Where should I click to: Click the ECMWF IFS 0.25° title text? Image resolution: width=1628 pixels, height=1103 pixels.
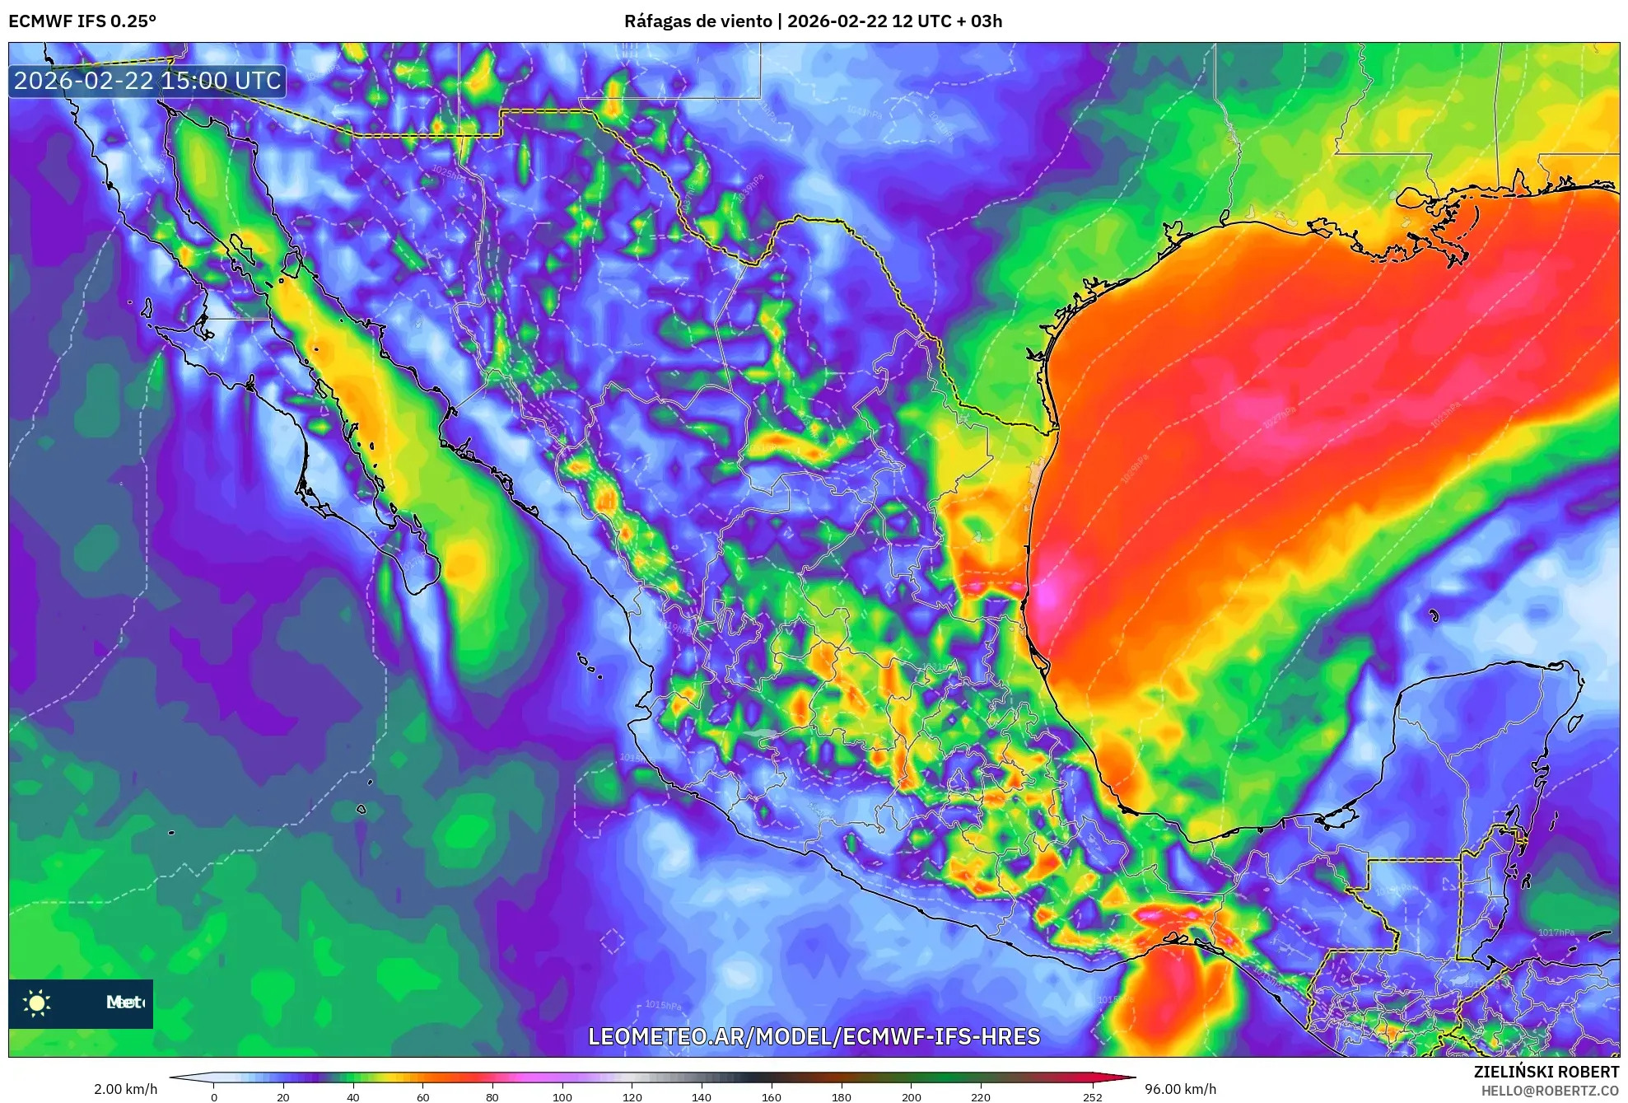[x=82, y=21]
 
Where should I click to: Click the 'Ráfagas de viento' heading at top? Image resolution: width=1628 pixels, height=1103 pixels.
[x=697, y=21]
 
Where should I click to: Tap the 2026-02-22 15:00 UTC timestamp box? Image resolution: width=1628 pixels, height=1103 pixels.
[x=147, y=82]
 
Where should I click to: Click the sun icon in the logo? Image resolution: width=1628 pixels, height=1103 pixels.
[x=37, y=1003]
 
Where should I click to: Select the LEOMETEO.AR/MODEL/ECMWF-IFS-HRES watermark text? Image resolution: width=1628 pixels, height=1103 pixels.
[x=814, y=1036]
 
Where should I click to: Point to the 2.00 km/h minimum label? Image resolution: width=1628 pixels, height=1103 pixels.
[x=125, y=1089]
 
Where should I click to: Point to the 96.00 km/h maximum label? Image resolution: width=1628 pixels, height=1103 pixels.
[x=1180, y=1089]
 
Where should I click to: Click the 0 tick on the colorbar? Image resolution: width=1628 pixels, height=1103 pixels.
[x=214, y=1096]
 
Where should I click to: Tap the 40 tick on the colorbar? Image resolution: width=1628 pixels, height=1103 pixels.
[x=353, y=1096]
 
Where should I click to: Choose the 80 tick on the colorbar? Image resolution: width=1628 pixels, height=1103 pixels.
[x=492, y=1096]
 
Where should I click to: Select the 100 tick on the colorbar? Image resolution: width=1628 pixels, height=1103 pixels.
[x=562, y=1096]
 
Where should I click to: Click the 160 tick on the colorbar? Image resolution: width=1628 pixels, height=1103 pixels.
[x=772, y=1096]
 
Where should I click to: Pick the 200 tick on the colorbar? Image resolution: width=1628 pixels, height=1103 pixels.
[x=911, y=1096]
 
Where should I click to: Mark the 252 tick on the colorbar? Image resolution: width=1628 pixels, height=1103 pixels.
[x=1092, y=1096]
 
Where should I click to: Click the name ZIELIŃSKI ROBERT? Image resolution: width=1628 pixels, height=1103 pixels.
[x=1546, y=1072]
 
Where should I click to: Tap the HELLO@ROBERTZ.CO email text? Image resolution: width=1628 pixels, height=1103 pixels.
[x=1550, y=1091]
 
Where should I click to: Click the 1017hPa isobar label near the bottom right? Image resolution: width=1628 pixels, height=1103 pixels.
[x=1556, y=932]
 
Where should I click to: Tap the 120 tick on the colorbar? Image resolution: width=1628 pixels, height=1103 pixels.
[x=632, y=1096]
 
